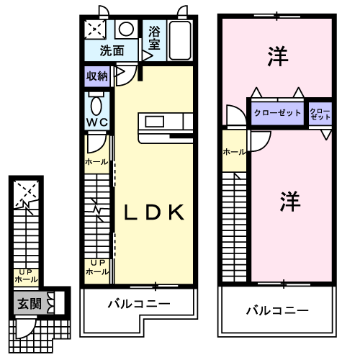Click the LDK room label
(154, 212)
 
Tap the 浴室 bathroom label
(154, 37)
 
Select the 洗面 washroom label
(112, 50)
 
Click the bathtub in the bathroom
(181, 40)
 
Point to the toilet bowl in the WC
(96, 106)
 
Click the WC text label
(97, 122)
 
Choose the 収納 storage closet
(97, 76)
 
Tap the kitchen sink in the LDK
(155, 122)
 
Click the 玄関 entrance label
(30, 304)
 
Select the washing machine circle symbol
(126, 29)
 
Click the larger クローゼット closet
(277, 113)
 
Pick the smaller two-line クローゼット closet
(320, 114)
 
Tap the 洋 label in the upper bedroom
(278, 56)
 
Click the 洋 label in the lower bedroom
(290, 201)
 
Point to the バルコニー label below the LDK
(139, 304)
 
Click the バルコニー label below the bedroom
(277, 311)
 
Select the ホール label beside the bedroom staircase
(235, 152)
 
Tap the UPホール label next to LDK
(97, 267)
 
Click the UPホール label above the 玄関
(26, 276)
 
